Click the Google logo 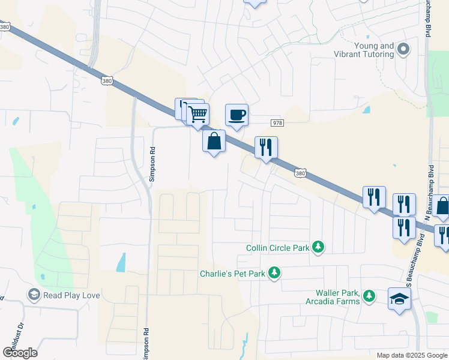pyautogui.click(x=20, y=352)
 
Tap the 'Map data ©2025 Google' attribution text pyautogui.click(x=411, y=355)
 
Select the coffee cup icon pyautogui.click(x=237, y=114)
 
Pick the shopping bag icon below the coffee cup pyautogui.click(x=214, y=142)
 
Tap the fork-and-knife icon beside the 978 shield pyautogui.click(x=266, y=147)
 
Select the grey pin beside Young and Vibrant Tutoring pyautogui.click(x=404, y=49)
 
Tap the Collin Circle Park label pyautogui.click(x=277, y=247)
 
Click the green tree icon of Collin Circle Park pyautogui.click(x=318, y=247)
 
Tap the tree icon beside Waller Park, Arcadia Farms pyautogui.click(x=369, y=296)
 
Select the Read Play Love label pyautogui.click(x=71, y=295)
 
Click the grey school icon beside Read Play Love pyautogui.click(x=34, y=295)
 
